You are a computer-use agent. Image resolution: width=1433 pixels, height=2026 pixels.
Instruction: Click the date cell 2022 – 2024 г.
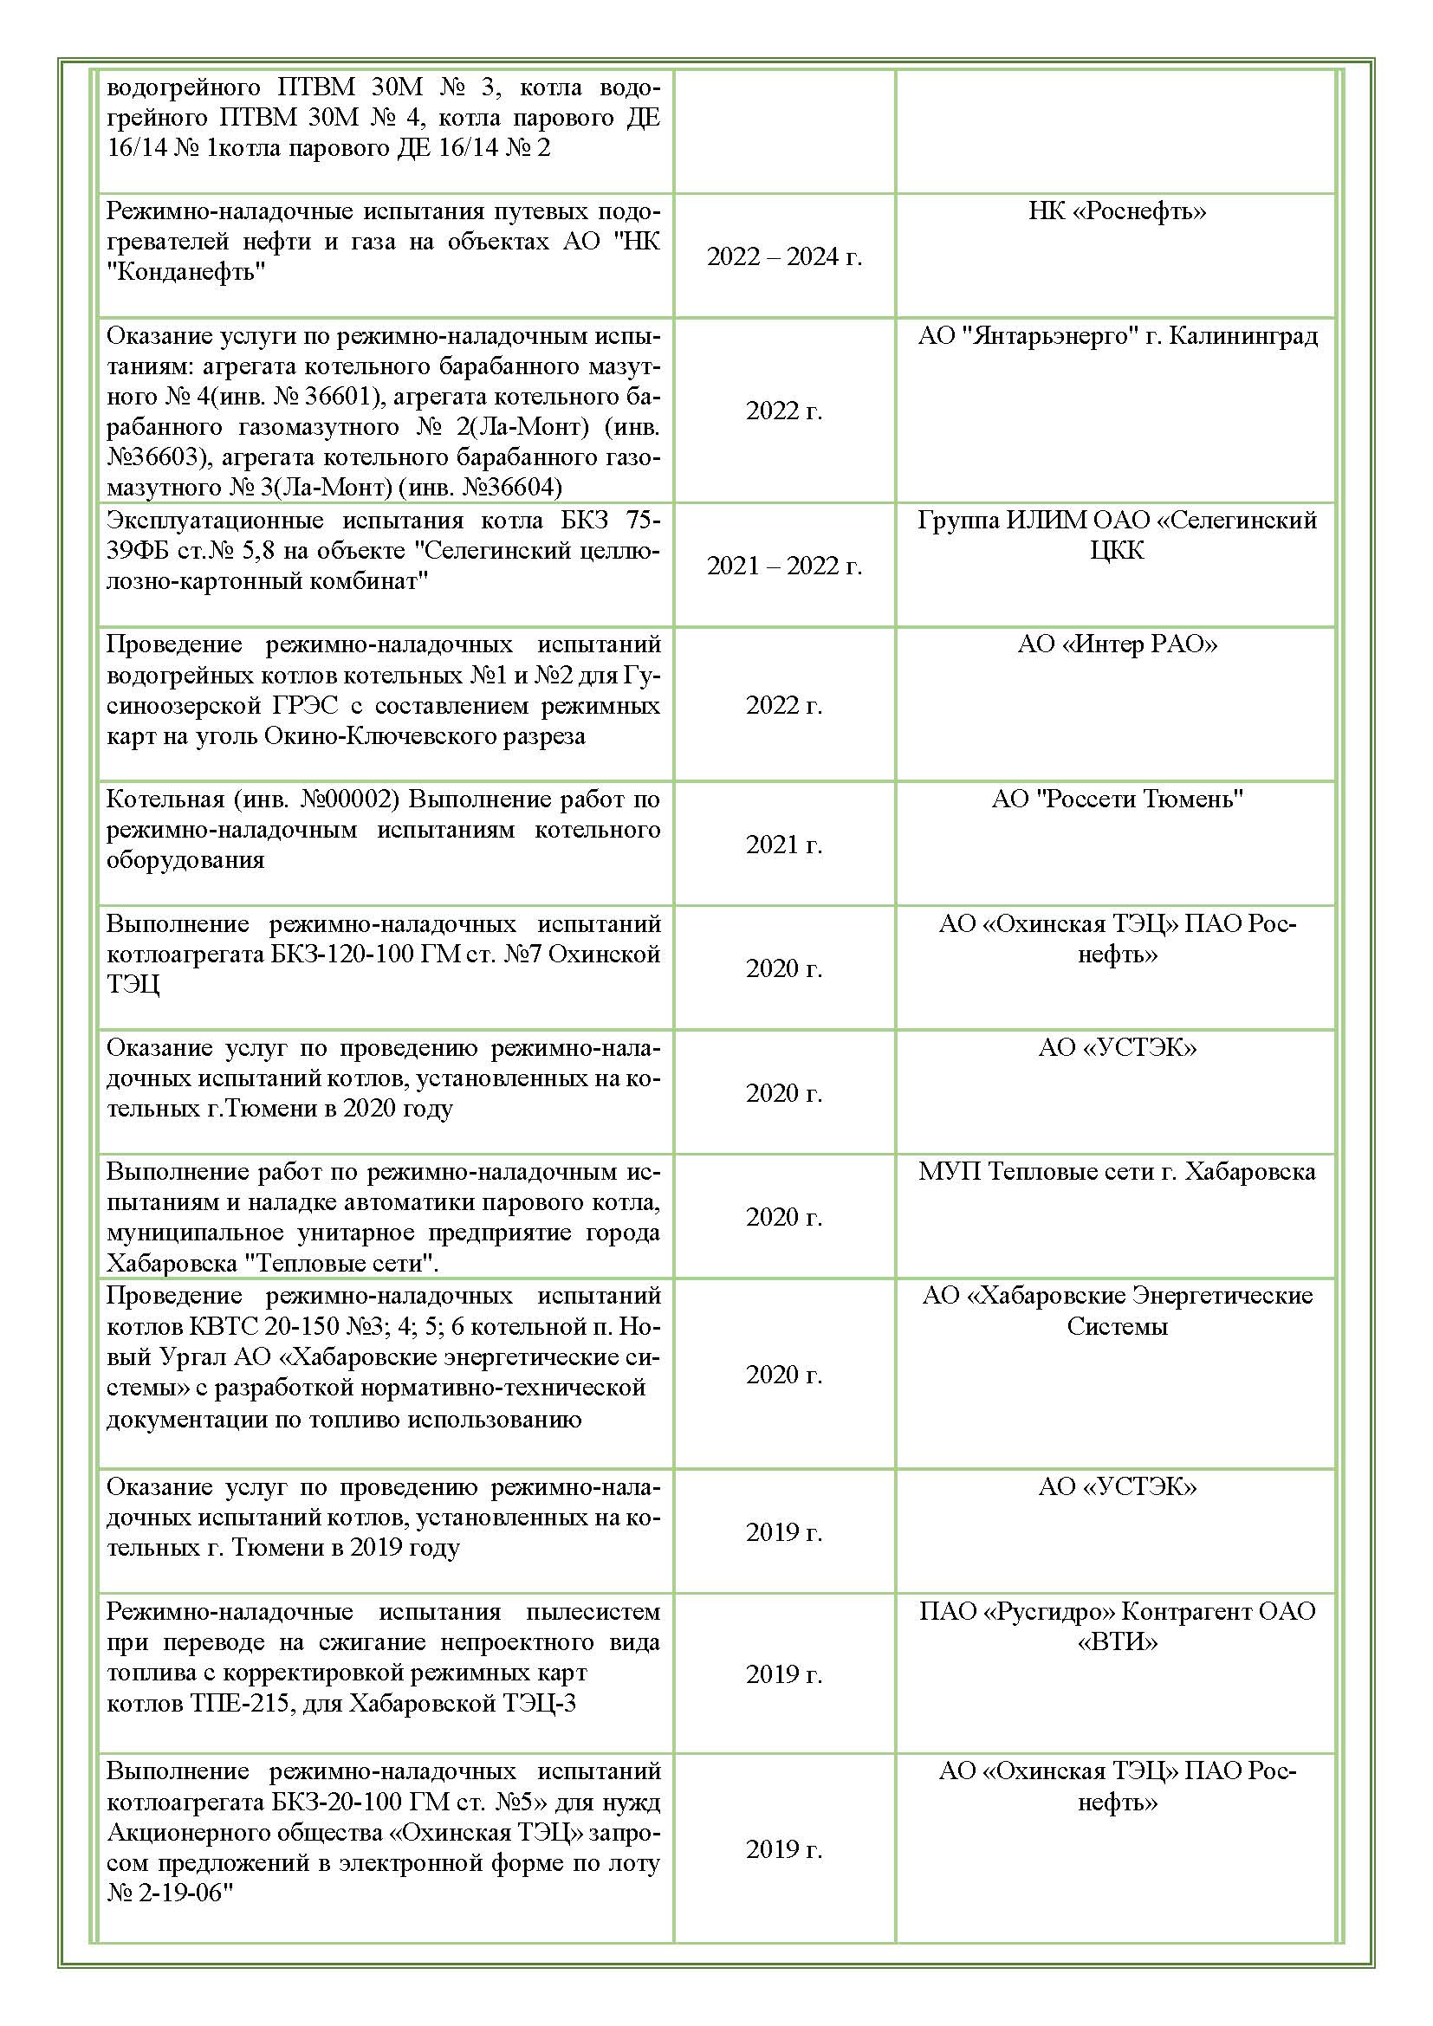(783, 256)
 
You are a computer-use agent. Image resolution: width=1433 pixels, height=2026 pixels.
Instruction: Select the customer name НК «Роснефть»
(1116, 210)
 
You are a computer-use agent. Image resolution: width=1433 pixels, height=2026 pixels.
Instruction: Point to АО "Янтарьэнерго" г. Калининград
(1117, 336)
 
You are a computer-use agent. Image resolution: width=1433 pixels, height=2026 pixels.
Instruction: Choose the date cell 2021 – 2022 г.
(783, 566)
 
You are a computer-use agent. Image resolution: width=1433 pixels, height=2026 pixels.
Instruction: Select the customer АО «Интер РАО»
(1116, 644)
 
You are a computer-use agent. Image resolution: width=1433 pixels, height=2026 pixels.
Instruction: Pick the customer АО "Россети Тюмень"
(1116, 799)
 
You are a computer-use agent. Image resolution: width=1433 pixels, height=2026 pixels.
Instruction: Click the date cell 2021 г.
(783, 845)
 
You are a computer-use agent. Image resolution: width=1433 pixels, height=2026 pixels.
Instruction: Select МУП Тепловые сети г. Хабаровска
(1116, 1172)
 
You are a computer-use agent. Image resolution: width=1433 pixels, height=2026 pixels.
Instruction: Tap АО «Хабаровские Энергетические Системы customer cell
(1116, 1311)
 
